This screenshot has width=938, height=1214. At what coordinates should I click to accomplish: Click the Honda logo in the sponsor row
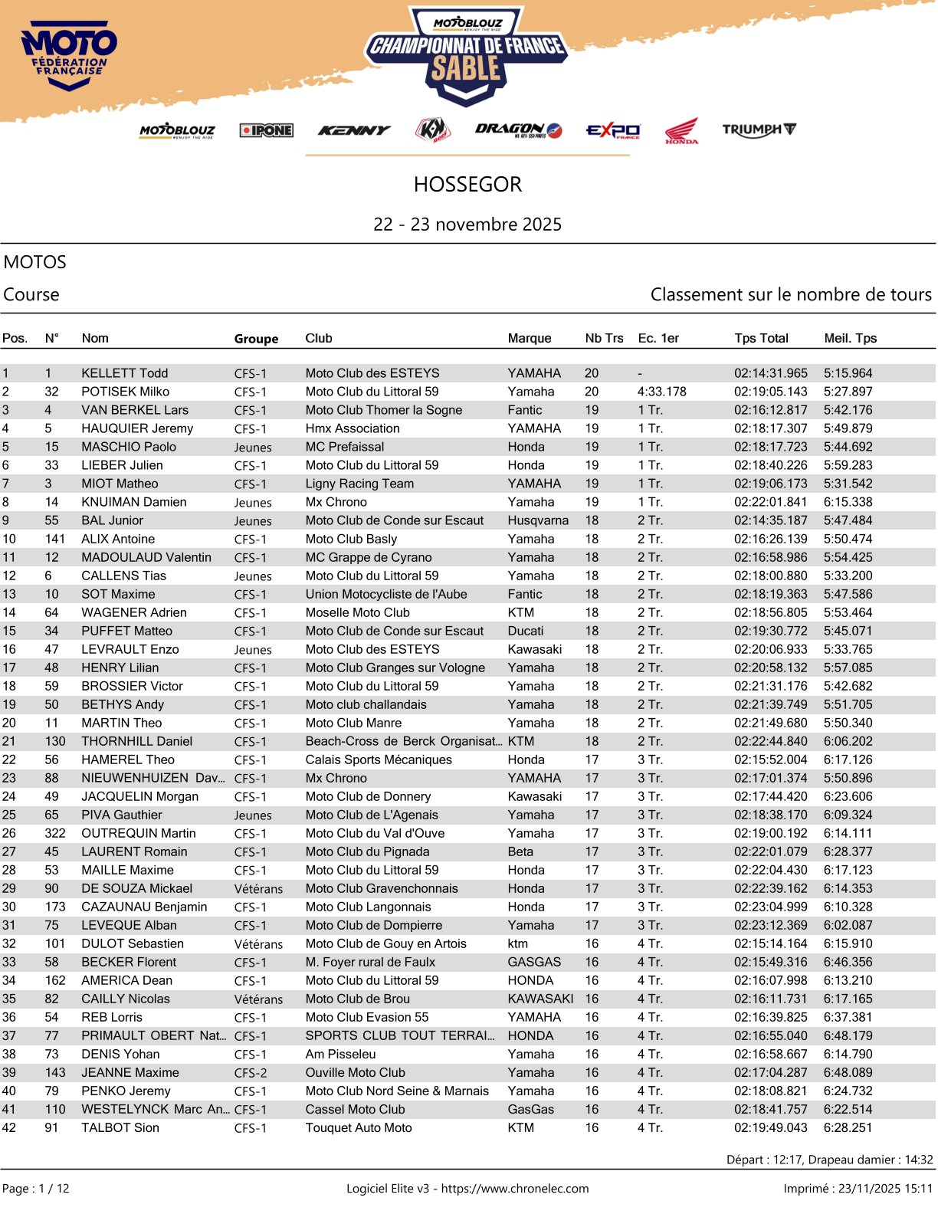point(681,131)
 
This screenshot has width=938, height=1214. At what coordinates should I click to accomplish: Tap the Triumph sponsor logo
point(759,130)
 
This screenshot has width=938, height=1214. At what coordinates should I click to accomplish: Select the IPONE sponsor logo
point(266,130)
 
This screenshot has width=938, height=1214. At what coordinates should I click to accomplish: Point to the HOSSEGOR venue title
point(467,185)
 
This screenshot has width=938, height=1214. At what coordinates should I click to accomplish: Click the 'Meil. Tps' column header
point(850,338)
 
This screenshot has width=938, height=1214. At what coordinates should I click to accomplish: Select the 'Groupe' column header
point(256,339)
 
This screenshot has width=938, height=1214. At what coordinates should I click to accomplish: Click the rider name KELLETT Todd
point(124,373)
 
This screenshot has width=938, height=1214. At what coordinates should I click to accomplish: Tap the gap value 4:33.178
point(661,392)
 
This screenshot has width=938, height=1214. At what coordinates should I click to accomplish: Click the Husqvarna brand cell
point(538,520)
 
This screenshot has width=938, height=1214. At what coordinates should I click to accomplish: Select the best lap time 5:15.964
point(848,373)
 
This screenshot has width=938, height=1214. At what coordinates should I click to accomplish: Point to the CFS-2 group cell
point(251,1073)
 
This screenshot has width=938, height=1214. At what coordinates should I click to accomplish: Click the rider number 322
point(55,833)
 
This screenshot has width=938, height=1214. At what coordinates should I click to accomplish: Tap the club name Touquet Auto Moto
point(359,1127)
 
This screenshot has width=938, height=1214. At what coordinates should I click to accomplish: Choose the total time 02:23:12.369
point(770,925)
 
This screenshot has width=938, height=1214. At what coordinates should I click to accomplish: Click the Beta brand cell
point(520,851)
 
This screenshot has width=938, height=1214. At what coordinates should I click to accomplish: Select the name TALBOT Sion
point(120,1127)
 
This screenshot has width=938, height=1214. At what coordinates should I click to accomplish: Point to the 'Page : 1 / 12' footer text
point(36,1189)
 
